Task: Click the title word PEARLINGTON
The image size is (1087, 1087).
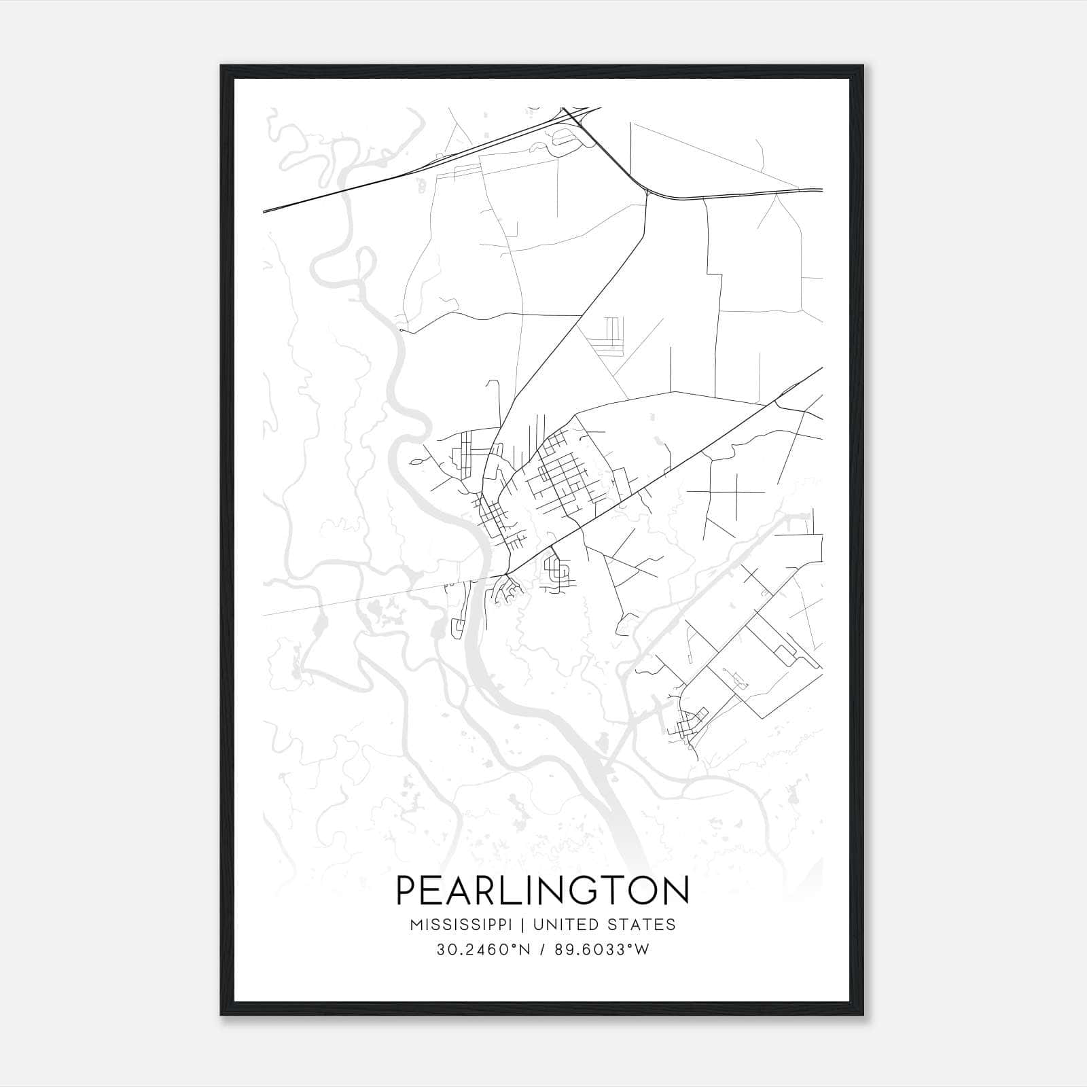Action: [542, 891]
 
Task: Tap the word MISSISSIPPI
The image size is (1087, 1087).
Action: [464, 925]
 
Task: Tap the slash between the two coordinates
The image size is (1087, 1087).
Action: [542, 950]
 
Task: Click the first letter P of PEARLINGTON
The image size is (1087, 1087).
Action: [406, 891]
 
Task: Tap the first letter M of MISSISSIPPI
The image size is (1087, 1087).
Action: [415, 925]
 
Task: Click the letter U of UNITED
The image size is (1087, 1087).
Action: [538, 925]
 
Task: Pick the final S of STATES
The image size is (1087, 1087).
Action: [671, 925]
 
